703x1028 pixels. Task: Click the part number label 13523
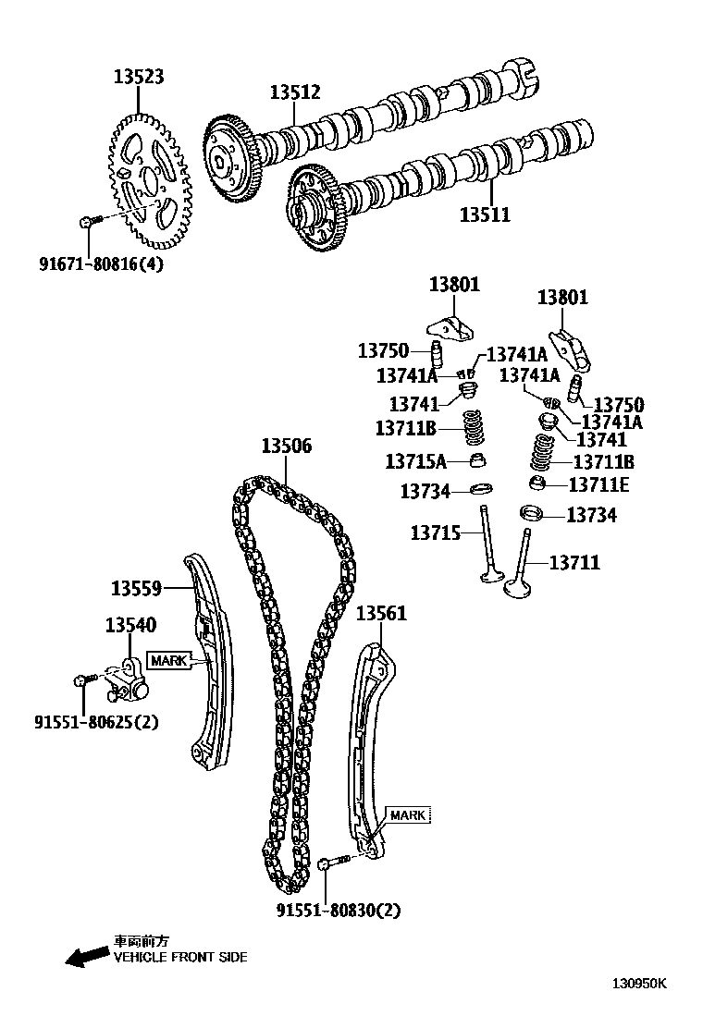[x=140, y=77]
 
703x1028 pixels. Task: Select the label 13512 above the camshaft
[x=295, y=92]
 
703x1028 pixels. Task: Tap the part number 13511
[x=486, y=214]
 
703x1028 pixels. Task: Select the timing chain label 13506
[x=286, y=447]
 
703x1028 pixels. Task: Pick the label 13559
[x=137, y=587]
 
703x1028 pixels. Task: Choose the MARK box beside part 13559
[x=168, y=660]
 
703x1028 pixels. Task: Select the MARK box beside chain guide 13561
[x=407, y=815]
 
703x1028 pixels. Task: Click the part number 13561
[x=382, y=613]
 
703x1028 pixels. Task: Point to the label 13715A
[x=416, y=460]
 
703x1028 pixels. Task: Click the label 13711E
[x=598, y=484]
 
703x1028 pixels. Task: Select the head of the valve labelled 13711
[x=517, y=587]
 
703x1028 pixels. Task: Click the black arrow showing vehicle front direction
[x=86, y=957]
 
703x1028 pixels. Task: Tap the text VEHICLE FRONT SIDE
[x=180, y=958]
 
